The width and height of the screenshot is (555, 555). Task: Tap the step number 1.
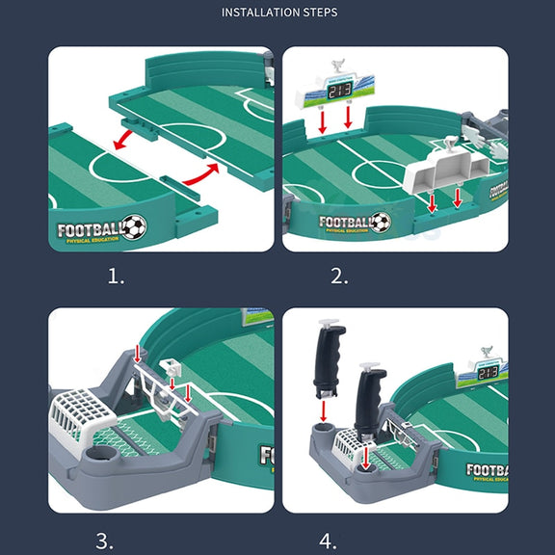click(x=116, y=277)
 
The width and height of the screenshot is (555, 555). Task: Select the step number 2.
click(x=339, y=277)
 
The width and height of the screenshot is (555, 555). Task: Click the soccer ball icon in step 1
click(x=135, y=227)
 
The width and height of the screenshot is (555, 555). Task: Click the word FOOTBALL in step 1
click(x=90, y=230)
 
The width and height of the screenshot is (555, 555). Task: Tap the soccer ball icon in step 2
click(x=381, y=223)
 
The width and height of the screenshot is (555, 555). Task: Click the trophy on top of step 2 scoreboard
click(x=336, y=68)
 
